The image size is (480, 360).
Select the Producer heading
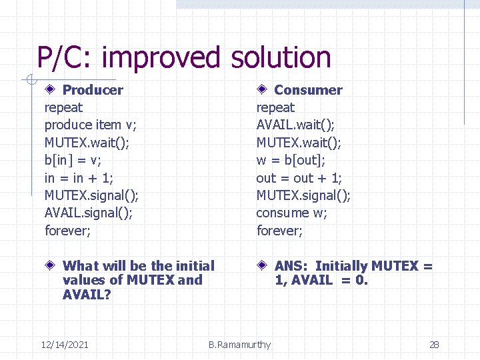click(93, 90)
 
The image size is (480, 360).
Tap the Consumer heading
click(308, 90)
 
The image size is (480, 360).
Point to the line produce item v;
click(91, 125)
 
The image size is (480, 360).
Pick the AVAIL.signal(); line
click(88, 213)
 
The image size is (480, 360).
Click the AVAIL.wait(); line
click(295, 125)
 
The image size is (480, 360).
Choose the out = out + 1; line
click(299, 178)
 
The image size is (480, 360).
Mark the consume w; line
click(292, 213)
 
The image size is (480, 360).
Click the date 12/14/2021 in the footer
click(65, 345)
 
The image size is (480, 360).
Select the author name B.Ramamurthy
click(239, 345)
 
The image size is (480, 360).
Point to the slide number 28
click(434, 345)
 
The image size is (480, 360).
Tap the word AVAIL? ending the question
click(87, 294)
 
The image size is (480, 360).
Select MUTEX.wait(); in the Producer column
click(85, 142)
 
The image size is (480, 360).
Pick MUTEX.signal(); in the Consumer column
click(303, 195)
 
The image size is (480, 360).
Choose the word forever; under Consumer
click(279, 231)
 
